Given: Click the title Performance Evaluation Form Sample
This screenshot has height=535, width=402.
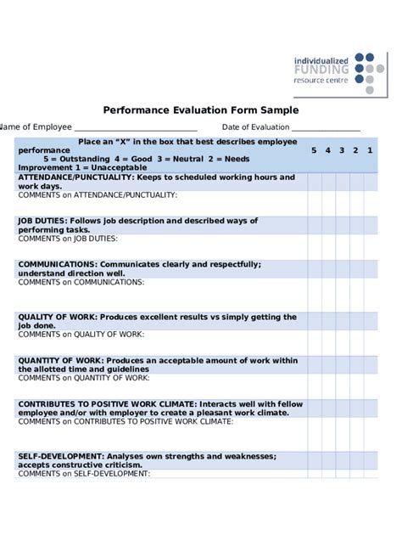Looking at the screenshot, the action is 201,110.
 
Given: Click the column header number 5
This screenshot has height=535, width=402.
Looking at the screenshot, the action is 313,150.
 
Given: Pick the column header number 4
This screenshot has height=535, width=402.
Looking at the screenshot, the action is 327,150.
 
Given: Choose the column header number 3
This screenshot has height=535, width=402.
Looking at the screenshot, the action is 342,150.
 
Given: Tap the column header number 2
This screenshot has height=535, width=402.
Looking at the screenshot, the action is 355,150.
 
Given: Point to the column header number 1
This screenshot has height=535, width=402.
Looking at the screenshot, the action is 370,150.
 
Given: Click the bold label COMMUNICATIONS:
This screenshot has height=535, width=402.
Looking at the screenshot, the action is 57,264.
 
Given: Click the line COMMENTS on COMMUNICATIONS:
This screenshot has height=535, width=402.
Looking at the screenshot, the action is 81,282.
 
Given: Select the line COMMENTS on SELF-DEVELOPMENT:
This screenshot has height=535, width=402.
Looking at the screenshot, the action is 84,474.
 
